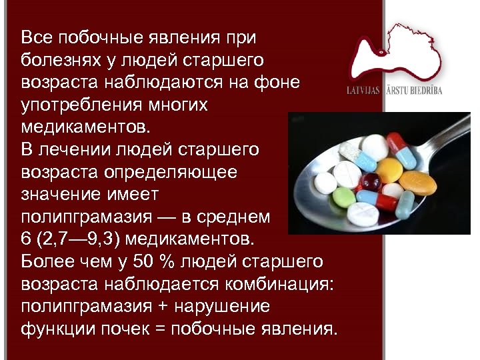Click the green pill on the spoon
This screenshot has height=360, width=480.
pos(345,196)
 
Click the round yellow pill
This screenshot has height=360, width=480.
pos(390,170)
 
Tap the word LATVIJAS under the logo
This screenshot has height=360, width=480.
pos(363,91)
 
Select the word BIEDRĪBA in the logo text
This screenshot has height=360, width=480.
pos(423,91)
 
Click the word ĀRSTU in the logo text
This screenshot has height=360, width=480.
pos(395,91)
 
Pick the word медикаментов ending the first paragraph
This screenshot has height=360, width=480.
pos(86,127)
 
